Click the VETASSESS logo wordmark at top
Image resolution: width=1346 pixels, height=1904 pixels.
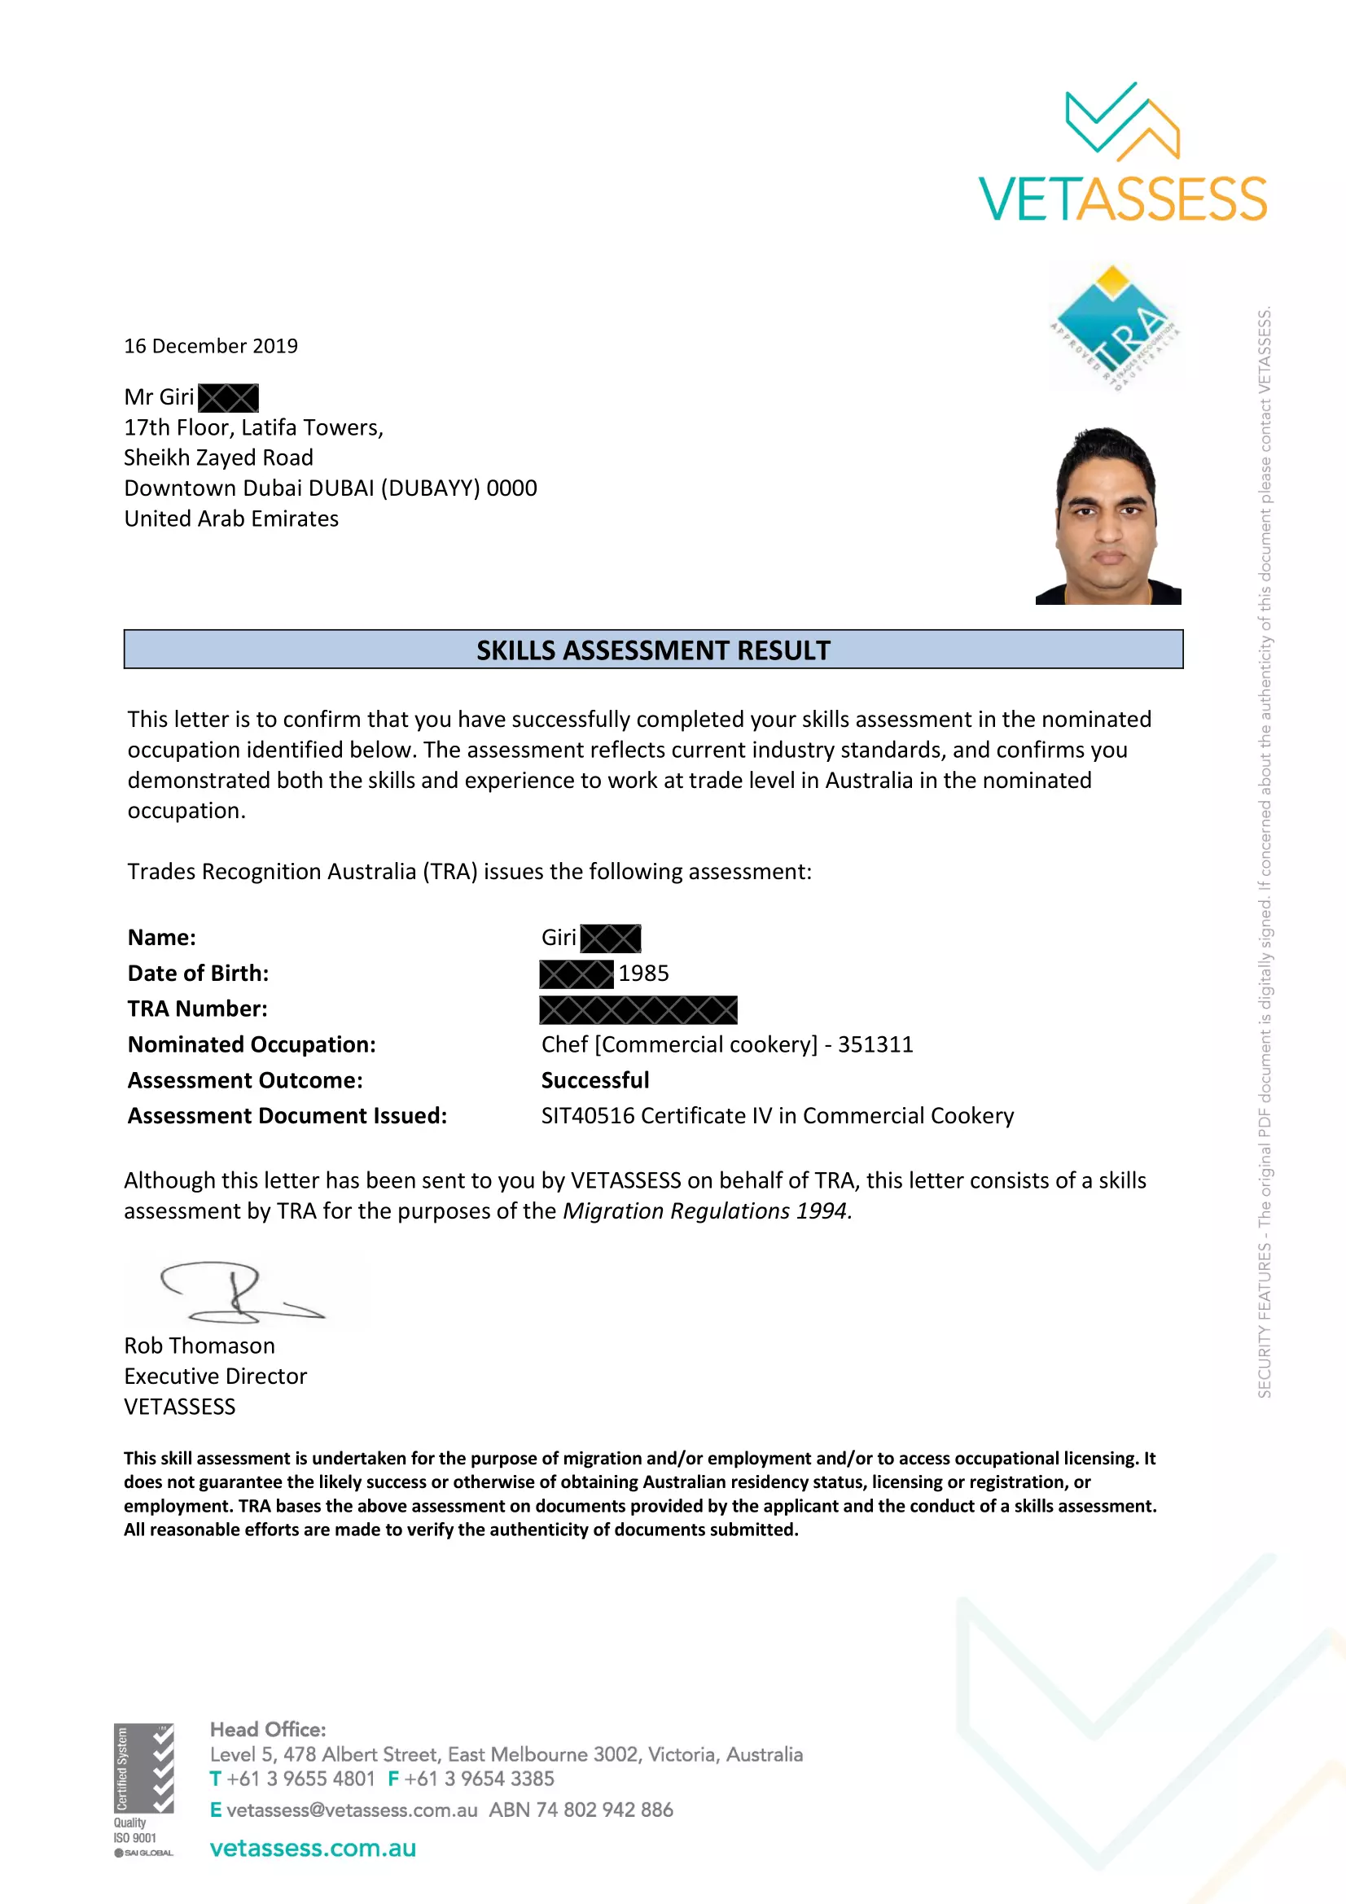click(x=1122, y=199)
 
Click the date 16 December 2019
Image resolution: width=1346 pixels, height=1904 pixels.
click(x=211, y=346)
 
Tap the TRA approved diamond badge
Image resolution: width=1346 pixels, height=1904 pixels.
click(x=1114, y=326)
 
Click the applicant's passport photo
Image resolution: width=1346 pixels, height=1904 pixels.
click(x=1108, y=516)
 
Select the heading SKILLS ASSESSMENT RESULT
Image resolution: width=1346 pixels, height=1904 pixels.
click(x=653, y=650)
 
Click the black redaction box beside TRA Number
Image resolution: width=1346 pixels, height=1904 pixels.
click(x=638, y=1009)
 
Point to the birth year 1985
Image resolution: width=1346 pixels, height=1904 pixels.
click(x=643, y=974)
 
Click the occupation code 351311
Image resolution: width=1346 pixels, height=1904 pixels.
click(x=875, y=1045)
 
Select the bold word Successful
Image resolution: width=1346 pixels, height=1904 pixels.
click(x=594, y=1080)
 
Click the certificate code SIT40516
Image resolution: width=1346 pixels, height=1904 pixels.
click(x=587, y=1116)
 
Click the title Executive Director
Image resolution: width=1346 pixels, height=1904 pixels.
click(x=216, y=1377)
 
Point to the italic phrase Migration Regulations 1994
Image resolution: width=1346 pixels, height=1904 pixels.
click(x=707, y=1211)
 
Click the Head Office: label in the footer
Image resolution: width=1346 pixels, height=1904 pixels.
click(x=268, y=1730)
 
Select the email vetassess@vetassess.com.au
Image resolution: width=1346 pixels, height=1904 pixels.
click(x=352, y=1810)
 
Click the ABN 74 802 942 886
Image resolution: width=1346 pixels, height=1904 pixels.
click(x=581, y=1810)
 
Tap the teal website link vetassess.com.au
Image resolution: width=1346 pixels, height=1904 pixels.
click(x=313, y=1849)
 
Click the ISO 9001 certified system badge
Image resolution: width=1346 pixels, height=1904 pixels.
click(x=143, y=1789)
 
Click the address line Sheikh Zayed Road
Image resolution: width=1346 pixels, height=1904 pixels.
click(x=218, y=457)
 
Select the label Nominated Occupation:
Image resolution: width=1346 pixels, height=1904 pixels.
click(x=252, y=1045)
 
